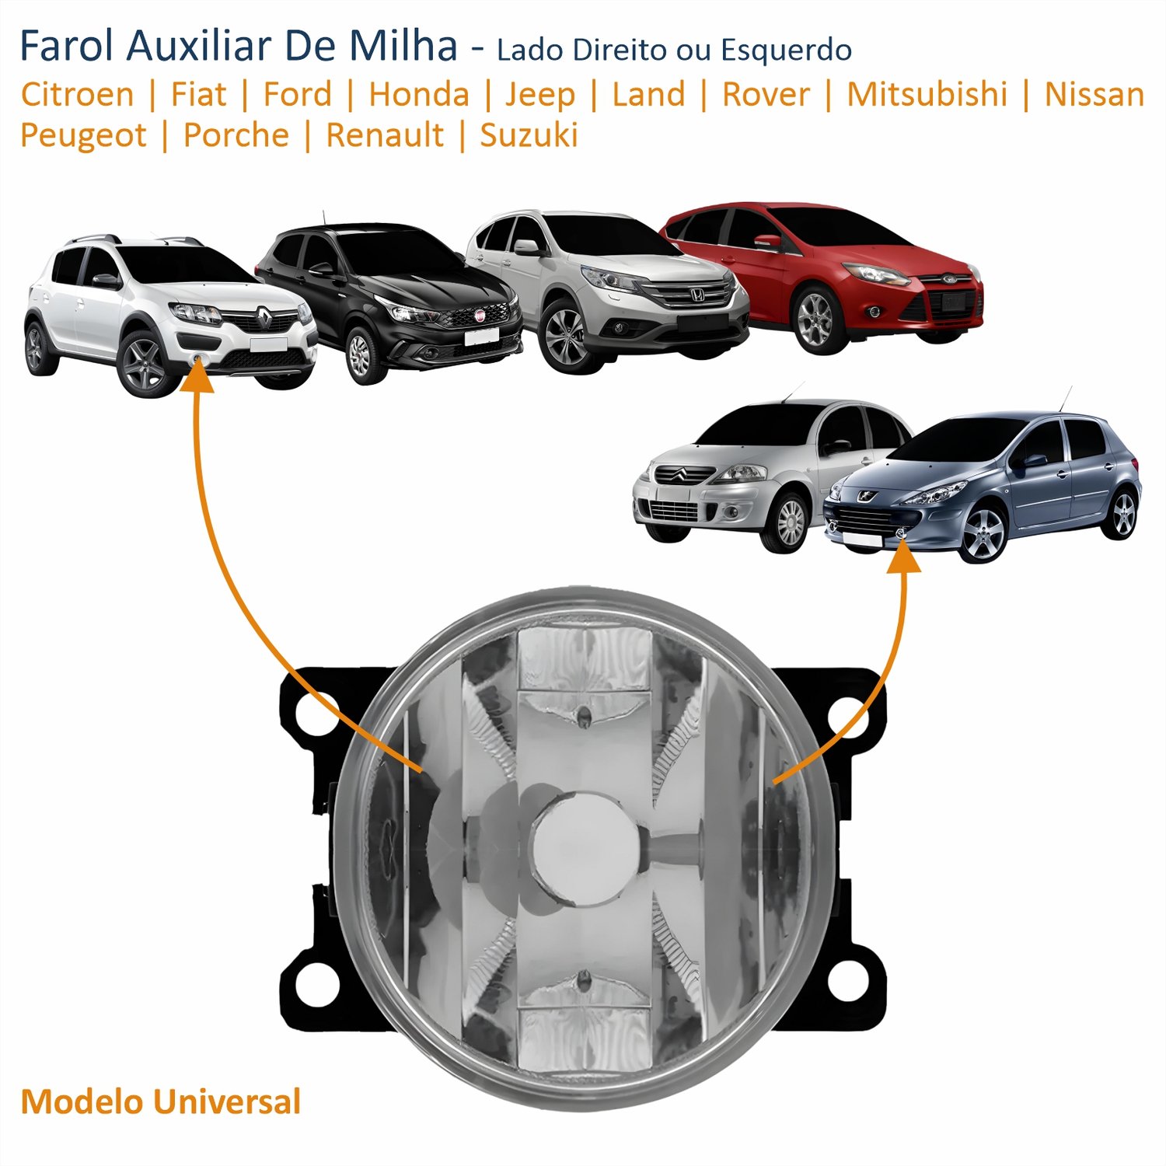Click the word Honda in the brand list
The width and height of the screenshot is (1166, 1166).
click(419, 95)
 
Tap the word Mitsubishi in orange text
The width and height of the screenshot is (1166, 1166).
click(927, 95)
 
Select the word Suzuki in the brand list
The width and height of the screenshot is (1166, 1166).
click(529, 135)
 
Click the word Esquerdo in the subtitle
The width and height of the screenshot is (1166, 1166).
click(786, 51)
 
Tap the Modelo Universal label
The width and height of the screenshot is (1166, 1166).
click(161, 1101)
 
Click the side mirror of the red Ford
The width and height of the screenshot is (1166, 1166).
click(768, 241)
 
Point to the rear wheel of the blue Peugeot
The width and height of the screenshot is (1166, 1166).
click(1123, 514)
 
